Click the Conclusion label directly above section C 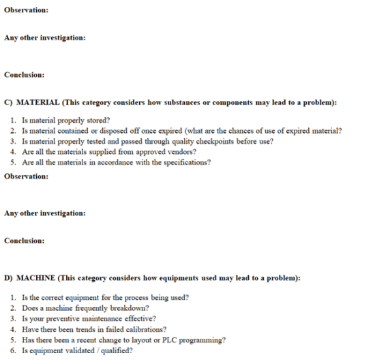[24, 74]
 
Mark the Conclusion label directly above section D [24, 241]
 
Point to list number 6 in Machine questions [13, 351]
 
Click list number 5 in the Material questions [13, 163]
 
